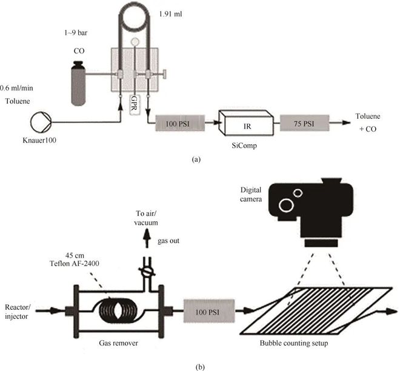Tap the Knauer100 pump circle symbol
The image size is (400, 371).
(41, 122)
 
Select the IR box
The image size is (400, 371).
(247, 122)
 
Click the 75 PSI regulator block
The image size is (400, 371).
(304, 123)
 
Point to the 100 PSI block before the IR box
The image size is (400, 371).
(180, 123)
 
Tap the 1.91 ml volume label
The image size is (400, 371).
(170, 14)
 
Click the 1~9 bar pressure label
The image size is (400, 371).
(76, 33)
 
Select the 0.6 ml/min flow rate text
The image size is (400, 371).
(16, 88)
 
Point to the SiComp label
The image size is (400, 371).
(244, 145)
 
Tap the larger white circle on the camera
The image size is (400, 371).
(286, 205)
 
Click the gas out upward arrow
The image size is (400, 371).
(147, 238)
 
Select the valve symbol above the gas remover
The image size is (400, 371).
(147, 271)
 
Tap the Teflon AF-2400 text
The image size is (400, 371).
(75, 263)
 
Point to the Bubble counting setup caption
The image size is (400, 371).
(294, 343)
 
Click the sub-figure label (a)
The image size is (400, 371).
(196, 159)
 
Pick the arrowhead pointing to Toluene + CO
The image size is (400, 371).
(346, 122)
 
